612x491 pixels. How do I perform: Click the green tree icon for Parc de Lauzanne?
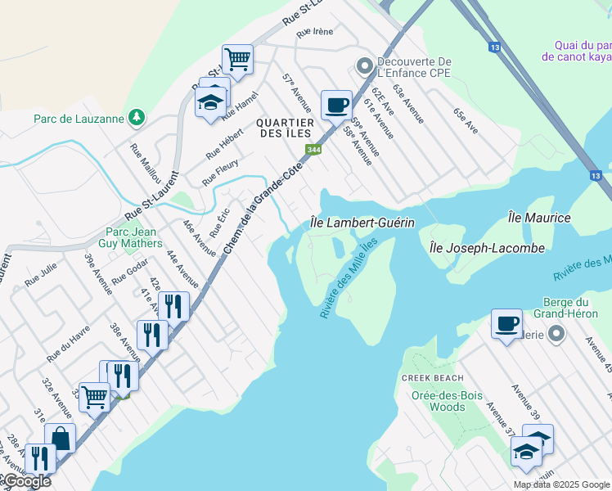(137, 118)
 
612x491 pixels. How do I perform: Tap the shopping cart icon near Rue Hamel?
(237, 59)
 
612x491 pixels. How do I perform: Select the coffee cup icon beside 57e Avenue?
(336, 105)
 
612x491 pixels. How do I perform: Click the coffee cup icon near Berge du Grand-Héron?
(506, 323)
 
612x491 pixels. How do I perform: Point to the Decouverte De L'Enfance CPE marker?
(362, 64)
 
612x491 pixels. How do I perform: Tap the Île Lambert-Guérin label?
(362, 223)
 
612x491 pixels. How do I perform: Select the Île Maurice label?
(539, 218)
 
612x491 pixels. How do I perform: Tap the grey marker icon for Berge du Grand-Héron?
(557, 333)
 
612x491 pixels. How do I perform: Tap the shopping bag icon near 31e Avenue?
(60, 438)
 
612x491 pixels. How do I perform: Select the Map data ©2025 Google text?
(560, 484)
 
